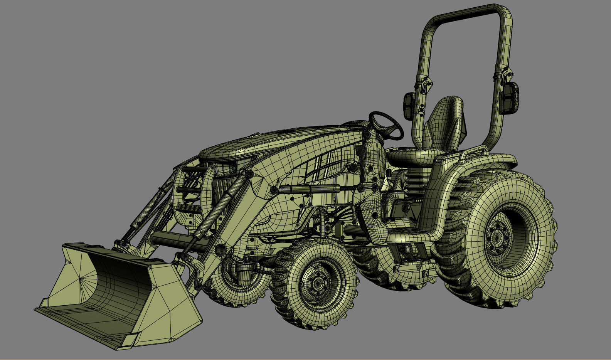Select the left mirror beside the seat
click(409, 106)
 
